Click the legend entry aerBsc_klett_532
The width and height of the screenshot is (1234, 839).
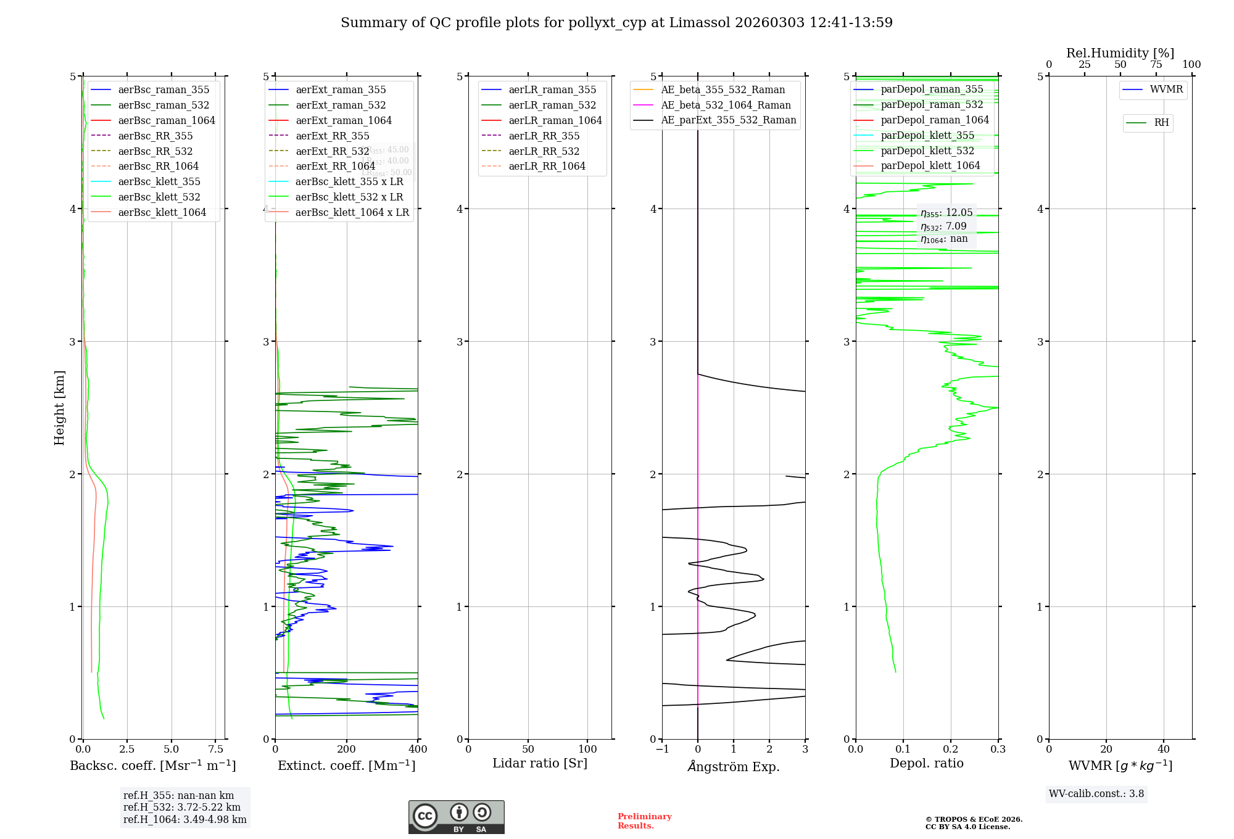[159, 197]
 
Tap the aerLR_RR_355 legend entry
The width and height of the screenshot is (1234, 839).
[544, 136]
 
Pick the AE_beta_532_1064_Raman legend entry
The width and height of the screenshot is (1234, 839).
[726, 105]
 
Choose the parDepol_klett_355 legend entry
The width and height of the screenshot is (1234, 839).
[927, 135]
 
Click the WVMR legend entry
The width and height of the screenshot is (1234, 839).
[1166, 89]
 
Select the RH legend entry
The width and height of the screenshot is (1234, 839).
[1161, 123]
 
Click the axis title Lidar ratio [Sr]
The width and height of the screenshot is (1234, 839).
[540, 764]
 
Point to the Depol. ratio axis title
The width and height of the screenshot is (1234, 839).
[926, 764]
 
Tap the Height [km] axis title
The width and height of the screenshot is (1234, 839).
[59, 408]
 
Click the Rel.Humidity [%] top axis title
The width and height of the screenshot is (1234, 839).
[1120, 53]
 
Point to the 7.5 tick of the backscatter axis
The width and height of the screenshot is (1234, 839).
[215, 750]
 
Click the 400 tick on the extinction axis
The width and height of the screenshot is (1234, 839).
[418, 750]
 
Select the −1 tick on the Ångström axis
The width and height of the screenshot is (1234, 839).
[662, 750]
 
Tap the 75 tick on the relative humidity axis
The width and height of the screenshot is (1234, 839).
[1156, 65]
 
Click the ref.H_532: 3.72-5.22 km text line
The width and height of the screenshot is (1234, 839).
[182, 808]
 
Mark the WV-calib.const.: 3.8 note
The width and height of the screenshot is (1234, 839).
[1096, 794]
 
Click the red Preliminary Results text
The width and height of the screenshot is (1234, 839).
[644, 821]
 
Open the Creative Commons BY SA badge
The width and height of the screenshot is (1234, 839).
[456, 817]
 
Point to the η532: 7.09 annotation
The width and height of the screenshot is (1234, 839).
[943, 226]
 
